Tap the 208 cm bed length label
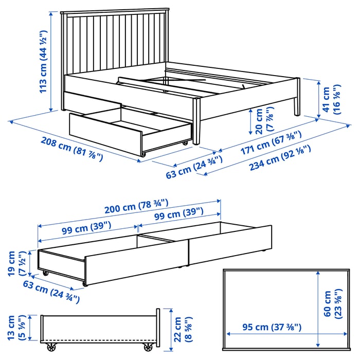(x=72, y=149)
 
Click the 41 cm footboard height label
(x=332, y=99)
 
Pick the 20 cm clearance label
(x=264, y=120)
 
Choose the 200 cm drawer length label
(x=136, y=206)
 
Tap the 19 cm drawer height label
(x=16, y=263)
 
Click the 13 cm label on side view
(x=16, y=328)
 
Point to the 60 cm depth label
(x=333, y=304)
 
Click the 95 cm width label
(x=272, y=327)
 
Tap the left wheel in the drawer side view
(x=51, y=347)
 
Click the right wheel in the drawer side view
(x=148, y=347)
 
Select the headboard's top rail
(x=115, y=11)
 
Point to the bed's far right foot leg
(x=297, y=97)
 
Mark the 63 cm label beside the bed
(x=194, y=167)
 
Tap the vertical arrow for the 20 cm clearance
(x=251, y=122)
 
